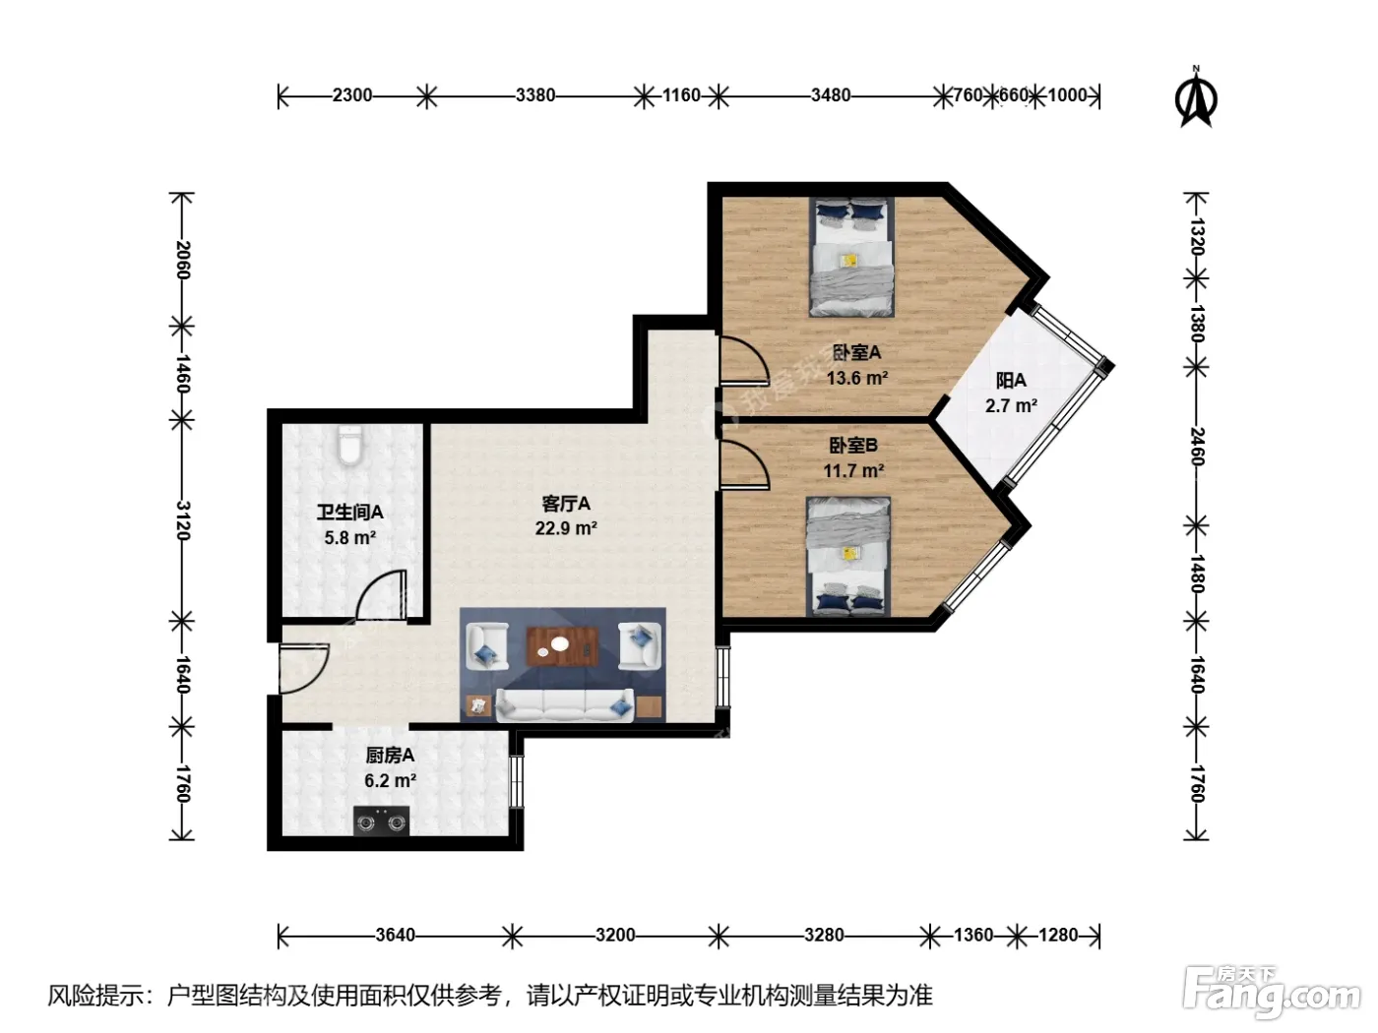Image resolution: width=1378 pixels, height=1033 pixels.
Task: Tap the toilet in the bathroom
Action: (349, 446)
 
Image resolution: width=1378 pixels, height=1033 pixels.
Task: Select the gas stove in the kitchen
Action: (381, 821)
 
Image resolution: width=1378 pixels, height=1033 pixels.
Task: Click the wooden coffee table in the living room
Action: (562, 646)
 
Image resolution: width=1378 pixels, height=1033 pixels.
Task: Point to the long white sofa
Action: (564, 705)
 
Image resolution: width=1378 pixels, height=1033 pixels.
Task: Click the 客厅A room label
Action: (566, 503)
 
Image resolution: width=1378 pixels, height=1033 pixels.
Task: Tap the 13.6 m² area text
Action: (857, 378)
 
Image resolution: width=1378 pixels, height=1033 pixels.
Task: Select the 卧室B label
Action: (853, 446)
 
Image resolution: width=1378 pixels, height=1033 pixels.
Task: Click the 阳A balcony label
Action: (1011, 380)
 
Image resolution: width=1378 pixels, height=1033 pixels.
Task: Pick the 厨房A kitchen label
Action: (390, 756)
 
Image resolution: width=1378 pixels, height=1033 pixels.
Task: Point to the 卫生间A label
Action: (349, 513)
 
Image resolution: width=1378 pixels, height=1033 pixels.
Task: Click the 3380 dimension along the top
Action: (535, 95)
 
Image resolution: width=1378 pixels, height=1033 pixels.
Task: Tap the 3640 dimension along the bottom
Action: (396, 936)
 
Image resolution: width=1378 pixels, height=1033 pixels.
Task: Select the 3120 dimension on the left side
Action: (182, 520)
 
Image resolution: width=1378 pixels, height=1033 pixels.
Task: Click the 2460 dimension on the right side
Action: (1197, 447)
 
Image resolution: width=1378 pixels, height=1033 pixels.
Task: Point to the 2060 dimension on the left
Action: (182, 261)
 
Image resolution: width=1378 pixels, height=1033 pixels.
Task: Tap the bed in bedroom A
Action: (852, 257)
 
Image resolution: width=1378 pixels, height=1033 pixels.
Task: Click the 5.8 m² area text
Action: (349, 538)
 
